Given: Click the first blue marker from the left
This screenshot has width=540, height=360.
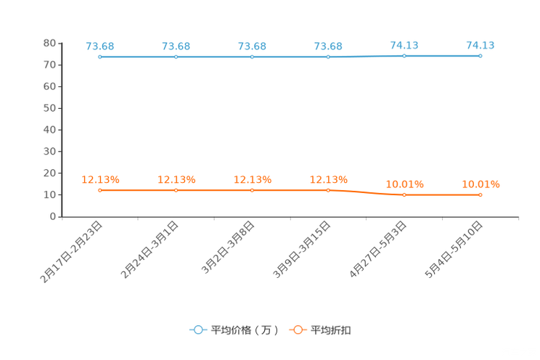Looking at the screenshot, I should pos(99,57).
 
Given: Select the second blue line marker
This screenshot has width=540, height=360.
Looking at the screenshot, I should pos(176,57).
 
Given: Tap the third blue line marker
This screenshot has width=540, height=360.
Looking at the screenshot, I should pos(252,57).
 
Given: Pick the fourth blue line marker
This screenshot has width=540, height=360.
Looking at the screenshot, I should pos(328,57).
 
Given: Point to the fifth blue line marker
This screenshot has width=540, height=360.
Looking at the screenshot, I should pos(404,55).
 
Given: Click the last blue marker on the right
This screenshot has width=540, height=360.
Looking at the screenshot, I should pos(480,55).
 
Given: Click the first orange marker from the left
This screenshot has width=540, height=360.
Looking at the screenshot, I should pos(99,190).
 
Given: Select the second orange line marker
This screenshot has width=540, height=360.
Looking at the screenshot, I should pos(176,190).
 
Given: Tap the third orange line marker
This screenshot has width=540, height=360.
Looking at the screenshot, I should pos(252,190).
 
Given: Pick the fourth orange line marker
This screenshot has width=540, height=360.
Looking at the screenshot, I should pos(328,190).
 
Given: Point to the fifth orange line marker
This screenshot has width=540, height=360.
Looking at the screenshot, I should pos(404,195).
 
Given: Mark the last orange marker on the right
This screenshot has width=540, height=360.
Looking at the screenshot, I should pos(480,195).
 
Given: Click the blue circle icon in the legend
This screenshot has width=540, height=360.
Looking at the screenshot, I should pos(197,330).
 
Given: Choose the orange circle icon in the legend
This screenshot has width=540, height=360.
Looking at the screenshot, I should pos(298,330).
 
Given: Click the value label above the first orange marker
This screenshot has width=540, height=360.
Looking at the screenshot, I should pos(100,179).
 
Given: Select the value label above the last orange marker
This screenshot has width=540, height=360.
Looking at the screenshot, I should pos(480,184).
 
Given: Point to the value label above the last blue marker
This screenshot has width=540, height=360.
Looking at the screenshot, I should pos(480,45).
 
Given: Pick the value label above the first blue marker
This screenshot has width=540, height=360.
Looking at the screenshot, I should pos(100,46).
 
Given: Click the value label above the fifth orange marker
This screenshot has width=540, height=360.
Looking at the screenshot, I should pos(404,184).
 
